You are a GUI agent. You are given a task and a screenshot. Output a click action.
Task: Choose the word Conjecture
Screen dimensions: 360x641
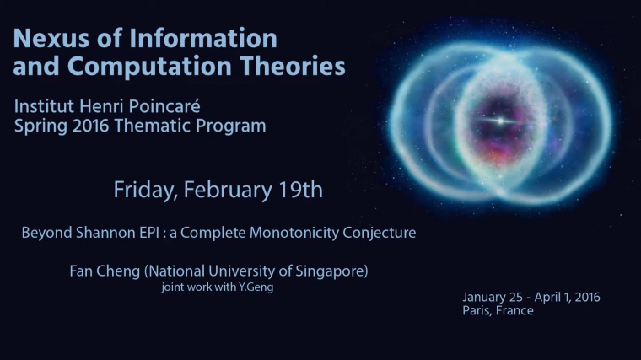[377, 232]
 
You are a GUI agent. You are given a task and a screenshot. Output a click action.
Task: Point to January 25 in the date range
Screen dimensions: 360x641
[493, 298]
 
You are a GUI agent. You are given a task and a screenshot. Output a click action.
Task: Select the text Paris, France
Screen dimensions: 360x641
[498, 311]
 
